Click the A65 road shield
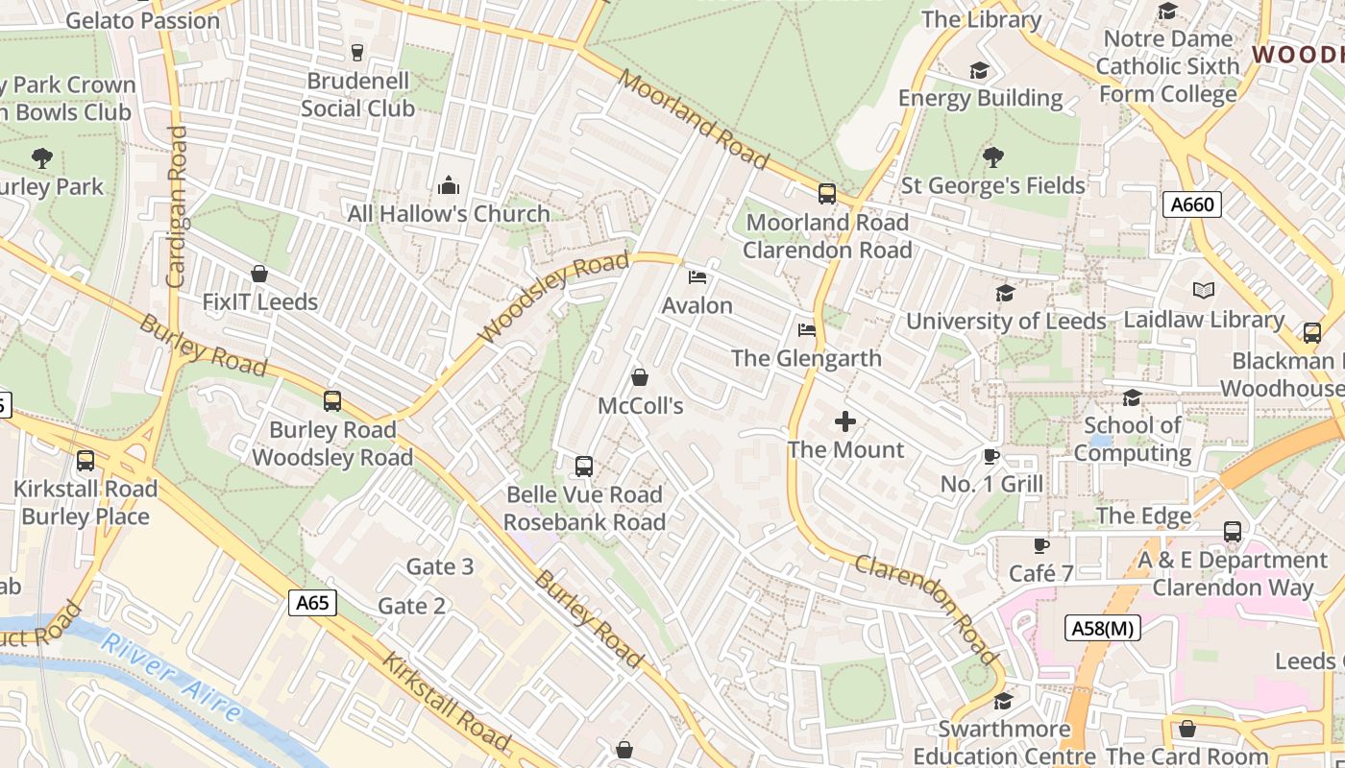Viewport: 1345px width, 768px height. point(312,603)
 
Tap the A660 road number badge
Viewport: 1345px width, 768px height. point(1191,204)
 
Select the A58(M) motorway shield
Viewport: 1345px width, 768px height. point(1102,629)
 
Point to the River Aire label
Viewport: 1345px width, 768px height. point(171,677)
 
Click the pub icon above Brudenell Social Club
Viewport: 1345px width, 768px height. point(357,52)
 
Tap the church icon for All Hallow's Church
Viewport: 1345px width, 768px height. point(448,185)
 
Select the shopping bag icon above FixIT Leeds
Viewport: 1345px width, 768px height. point(258,274)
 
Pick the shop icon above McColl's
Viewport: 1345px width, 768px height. point(640,377)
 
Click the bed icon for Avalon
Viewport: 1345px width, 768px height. point(697,277)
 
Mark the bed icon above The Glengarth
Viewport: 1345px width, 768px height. point(807,330)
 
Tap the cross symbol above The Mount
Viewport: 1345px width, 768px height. point(845,421)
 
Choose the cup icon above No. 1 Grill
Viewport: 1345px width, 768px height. point(991,456)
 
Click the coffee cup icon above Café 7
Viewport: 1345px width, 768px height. point(1040,545)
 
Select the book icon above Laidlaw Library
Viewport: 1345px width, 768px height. point(1203,290)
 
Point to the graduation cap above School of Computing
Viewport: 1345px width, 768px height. point(1132,397)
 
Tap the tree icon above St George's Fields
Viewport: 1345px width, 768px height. point(993,156)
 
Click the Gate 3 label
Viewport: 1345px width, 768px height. point(440,566)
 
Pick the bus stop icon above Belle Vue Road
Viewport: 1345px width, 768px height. point(583,467)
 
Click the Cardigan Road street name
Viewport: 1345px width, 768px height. point(176,206)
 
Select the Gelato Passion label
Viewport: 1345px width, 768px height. point(143,20)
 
